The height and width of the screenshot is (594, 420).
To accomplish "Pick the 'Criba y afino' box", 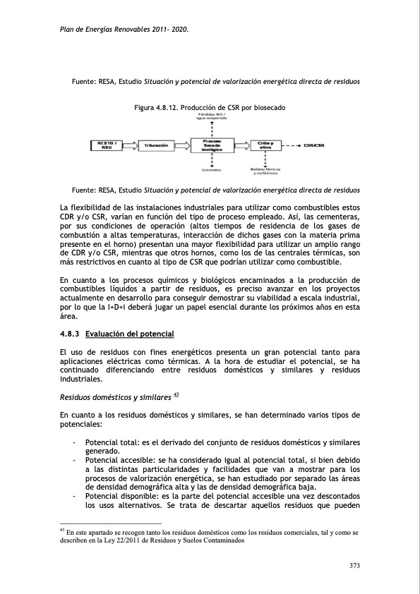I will click(265, 145).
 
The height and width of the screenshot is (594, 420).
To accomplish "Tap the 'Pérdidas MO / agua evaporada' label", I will click(212, 117).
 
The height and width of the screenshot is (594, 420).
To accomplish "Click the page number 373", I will click(356, 565).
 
